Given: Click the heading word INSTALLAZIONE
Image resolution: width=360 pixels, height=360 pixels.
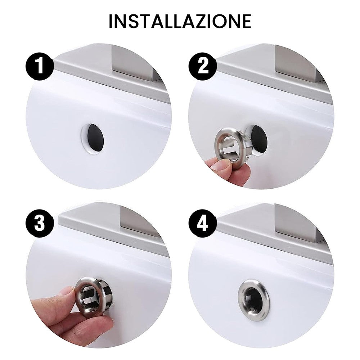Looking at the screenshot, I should click(180, 21).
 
